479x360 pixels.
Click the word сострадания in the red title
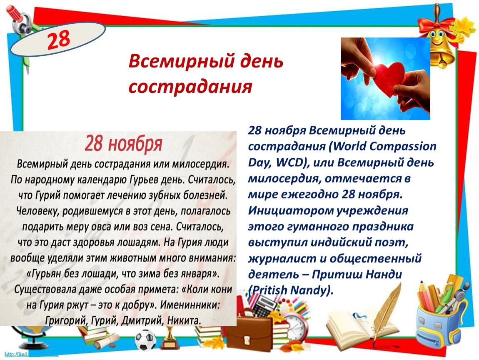190,87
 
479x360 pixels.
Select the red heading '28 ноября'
123,144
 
